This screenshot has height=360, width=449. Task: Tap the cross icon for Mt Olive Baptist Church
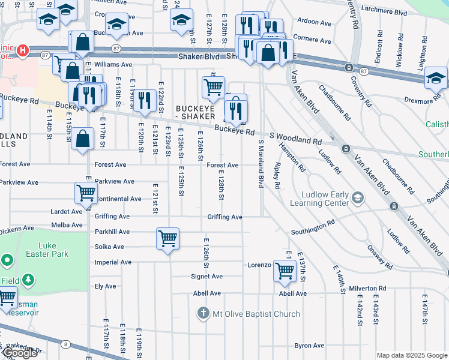[203, 314]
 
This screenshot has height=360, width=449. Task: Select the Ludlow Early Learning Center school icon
[358, 197]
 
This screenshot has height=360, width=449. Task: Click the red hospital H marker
[23, 50]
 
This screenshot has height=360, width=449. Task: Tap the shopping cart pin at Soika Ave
[167, 238]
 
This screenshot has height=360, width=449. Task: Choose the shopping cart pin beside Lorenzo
[285, 271]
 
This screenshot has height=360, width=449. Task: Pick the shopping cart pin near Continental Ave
[86, 193]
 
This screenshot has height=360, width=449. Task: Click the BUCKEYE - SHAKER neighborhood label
[199, 112]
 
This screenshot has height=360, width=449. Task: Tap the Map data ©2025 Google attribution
[412, 355]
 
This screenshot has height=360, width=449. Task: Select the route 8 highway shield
[65, 344]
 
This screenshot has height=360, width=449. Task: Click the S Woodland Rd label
[295, 138]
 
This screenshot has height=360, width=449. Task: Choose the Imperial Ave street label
[113, 262]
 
